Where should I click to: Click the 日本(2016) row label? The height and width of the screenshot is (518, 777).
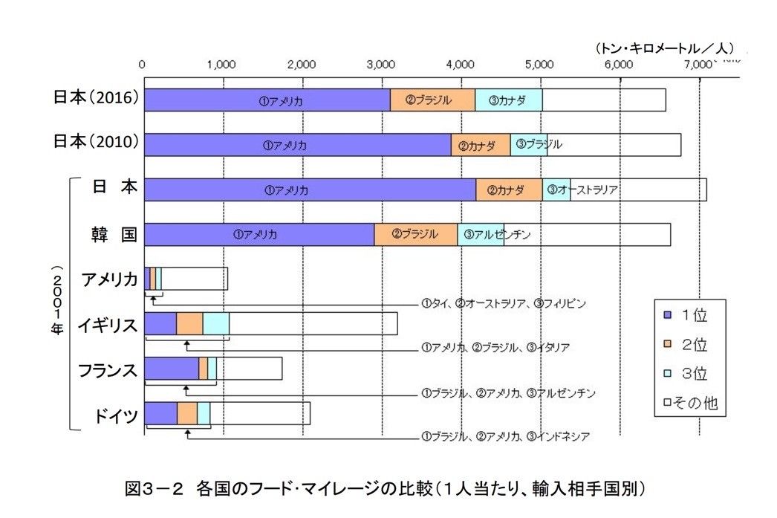point(97,97)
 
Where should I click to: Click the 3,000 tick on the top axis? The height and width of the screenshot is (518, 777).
point(380,64)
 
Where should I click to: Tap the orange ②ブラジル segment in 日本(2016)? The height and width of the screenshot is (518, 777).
point(432,100)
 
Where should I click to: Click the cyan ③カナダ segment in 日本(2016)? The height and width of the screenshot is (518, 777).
point(508,100)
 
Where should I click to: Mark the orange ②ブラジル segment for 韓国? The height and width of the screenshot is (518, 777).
point(415,235)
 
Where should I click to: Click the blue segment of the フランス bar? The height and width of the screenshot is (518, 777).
point(171,369)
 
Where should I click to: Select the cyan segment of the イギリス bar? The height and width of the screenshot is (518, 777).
point(215,324)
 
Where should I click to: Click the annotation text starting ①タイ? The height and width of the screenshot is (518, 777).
point(504,303)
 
